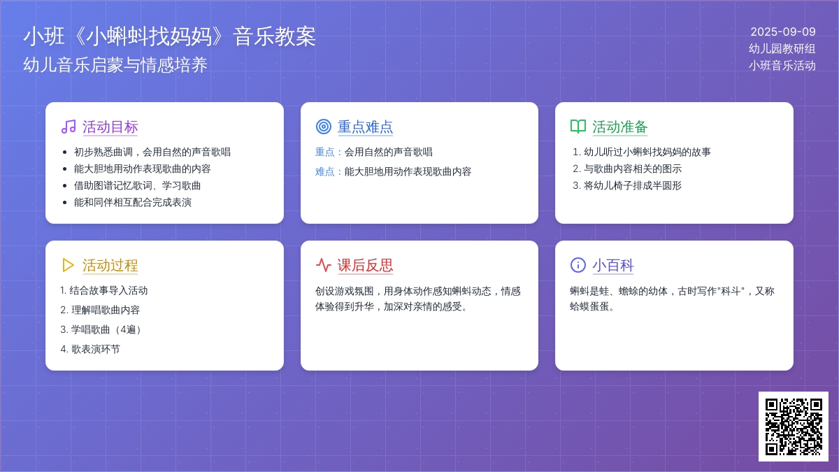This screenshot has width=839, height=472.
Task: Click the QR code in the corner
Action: (x=794, y=427)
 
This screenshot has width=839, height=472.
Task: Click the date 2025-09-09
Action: (x=783, y=32)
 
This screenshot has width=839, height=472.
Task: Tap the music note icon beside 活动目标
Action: (x=69, y=127)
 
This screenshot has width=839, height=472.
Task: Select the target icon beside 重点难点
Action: (x=324, y=127)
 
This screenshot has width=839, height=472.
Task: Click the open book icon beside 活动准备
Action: (x=578, y=127)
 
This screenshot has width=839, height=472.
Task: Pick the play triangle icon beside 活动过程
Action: (x=68, y=265)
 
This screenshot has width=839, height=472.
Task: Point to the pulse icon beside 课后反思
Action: (x=324, y=265)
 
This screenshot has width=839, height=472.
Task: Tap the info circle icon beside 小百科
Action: (x=578, y=265)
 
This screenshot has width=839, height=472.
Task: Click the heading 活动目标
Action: (x=110, y=127)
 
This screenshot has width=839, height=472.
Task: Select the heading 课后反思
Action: (x=365, y=265)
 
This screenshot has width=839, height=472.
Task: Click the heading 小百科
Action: (x=612, y=265)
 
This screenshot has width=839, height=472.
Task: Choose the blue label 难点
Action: (x=324, y=171)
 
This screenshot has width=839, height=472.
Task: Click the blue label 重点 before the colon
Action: (x=324, y=152)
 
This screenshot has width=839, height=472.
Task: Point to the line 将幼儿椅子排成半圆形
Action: (x=632, y=185)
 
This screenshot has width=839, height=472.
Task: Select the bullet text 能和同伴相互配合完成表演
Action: (x=133, y=202)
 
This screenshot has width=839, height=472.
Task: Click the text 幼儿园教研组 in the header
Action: (x=782, y=49)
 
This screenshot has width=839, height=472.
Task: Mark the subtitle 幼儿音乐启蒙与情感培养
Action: (x=115, y=65)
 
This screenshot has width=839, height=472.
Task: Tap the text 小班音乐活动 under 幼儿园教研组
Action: (x=782, y=66)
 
